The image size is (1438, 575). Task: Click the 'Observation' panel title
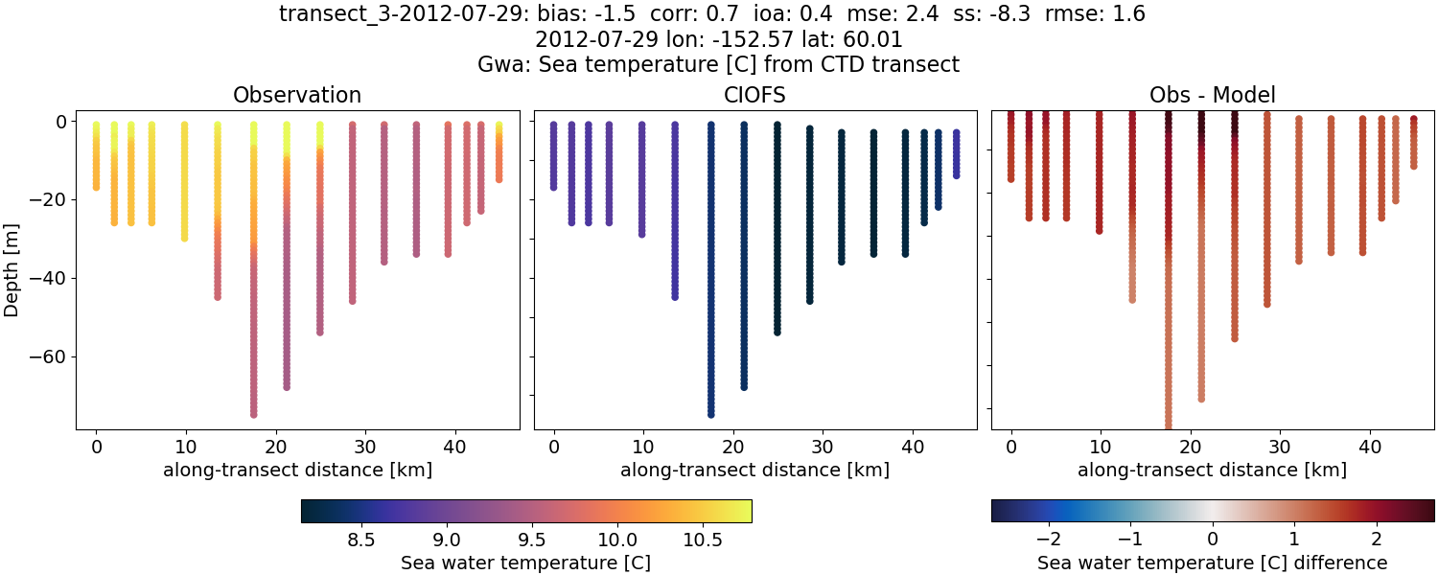(297, 95)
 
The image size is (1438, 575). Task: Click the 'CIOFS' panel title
(754, 95)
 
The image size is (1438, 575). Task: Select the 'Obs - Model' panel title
(1212, 95)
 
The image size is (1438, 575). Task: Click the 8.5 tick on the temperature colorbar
(360, 540)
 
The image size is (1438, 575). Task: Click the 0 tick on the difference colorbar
(1213, 540)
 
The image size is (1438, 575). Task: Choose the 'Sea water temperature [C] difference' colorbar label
(1212, 563)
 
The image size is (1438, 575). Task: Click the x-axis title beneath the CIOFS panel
(754, 470)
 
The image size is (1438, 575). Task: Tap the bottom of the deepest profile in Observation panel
(254, 414)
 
